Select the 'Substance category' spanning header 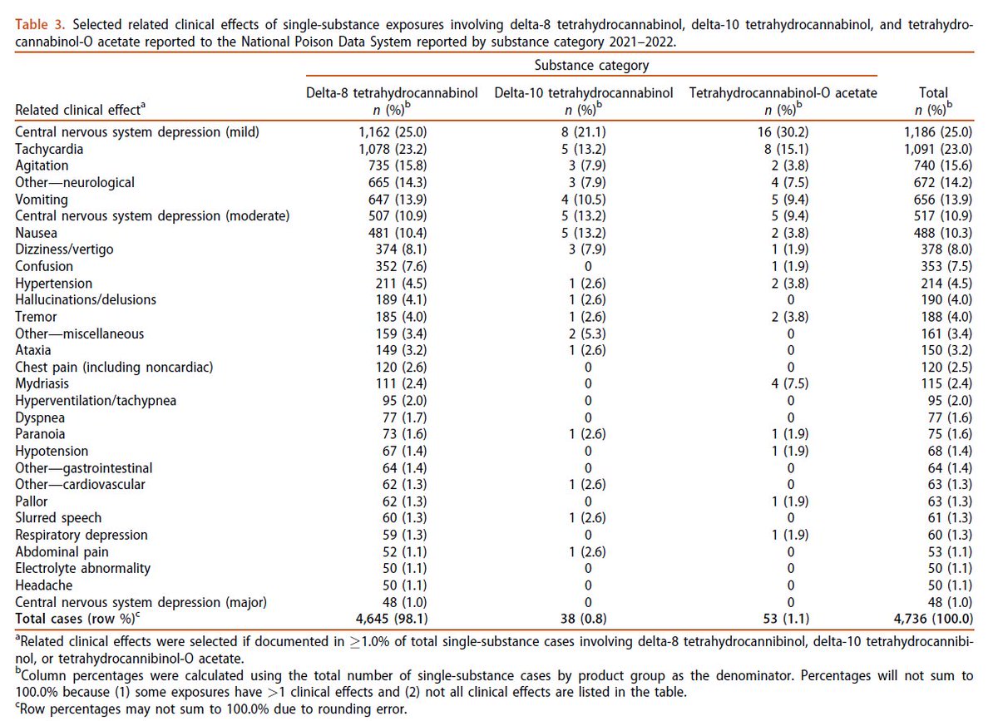coord(592,65)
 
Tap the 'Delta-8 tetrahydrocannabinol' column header coord(392,93)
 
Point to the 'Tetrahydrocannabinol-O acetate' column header coord(783,93)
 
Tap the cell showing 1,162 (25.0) coord(392,132)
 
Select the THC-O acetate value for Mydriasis coord(783,384)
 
